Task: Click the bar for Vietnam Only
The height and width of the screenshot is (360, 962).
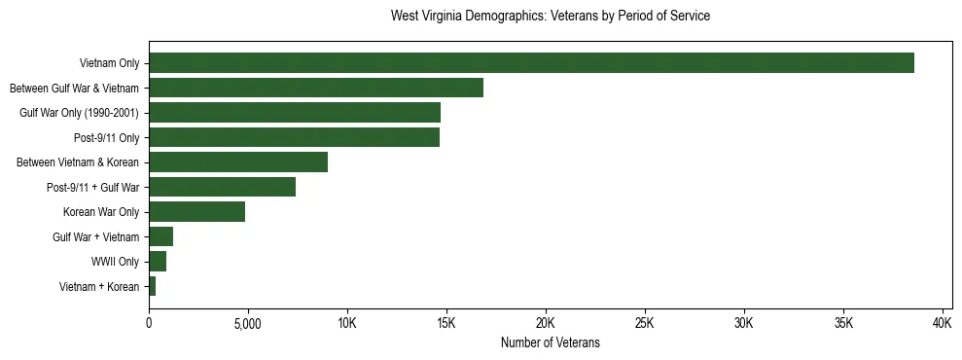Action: tap(531, 63)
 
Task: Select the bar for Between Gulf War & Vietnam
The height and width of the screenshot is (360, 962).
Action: tap(316, 88)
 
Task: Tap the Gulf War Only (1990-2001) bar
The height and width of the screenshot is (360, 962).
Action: tap(295, 113)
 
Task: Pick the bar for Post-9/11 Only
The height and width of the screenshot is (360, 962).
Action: tap(294, 137)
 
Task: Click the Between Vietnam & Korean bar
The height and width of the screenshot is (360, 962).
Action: tap(238, 162)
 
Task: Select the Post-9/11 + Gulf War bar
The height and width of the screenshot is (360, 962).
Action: tap(222, 187)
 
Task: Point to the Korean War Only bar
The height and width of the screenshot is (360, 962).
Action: tap(196, 212)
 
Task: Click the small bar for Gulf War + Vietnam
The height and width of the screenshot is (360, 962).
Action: tap(160, 236)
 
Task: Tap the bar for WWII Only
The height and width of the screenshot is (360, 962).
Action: tap(158, 261)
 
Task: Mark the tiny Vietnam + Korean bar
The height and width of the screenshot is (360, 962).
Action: tap(152, 286)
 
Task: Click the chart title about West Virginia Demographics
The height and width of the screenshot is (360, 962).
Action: tap(550, 17)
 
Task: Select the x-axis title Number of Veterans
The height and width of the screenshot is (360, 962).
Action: tap(550, 343)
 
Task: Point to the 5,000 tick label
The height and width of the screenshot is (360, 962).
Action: tap(248, 323)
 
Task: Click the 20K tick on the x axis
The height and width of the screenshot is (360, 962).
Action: tap(546, 323)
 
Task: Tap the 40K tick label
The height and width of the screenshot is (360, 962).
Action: tap(943, 323)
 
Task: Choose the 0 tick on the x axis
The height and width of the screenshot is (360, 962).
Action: tap(149, 323)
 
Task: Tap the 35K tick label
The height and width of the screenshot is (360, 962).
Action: tap(843, 323)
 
